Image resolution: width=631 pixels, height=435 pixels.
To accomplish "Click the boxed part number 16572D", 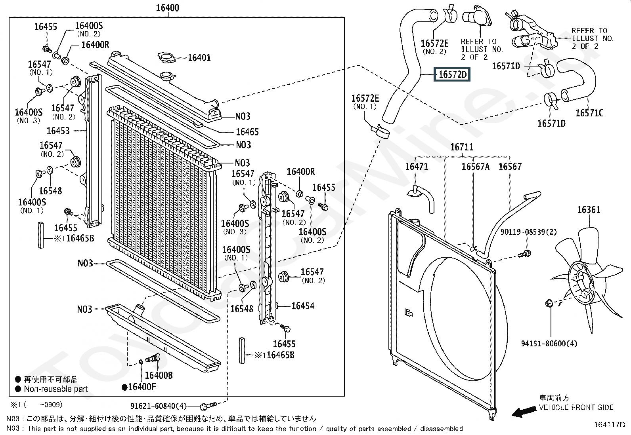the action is click(452, 74).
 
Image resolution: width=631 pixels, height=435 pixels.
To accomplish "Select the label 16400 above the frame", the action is click(168, 8).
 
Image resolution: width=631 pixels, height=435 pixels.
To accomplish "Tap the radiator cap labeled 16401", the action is click(166, 57).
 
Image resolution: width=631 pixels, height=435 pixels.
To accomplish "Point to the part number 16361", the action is click(589, 210).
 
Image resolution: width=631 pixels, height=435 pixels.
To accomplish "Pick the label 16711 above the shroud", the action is click(462, 147).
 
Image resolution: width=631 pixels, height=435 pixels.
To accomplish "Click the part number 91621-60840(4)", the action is click(159, 406).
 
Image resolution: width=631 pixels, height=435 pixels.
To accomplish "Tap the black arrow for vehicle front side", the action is click(524, 412).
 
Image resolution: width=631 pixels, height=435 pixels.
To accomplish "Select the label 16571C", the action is click(589, 113).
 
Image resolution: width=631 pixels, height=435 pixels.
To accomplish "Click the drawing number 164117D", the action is click(610, 424).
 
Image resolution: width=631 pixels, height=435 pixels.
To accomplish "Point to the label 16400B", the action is click(159, 375).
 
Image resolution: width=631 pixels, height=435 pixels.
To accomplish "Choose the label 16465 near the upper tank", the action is click(247, 132).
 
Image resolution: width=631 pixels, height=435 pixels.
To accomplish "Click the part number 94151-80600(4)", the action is click(549, 344).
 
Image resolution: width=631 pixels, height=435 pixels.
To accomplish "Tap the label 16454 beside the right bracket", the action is click(303, 306).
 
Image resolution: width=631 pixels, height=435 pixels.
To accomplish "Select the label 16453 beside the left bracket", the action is click(58, 131).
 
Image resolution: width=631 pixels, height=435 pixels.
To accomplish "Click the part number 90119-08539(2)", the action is click(528, 232).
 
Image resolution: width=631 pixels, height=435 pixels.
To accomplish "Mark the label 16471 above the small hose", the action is click(416, 166).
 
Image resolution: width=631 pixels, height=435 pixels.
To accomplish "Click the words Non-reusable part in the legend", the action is click(56, 389).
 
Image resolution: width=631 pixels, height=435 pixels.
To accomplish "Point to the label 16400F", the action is click(141, 387).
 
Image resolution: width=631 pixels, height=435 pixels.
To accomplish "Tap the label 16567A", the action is click(476, 167).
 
